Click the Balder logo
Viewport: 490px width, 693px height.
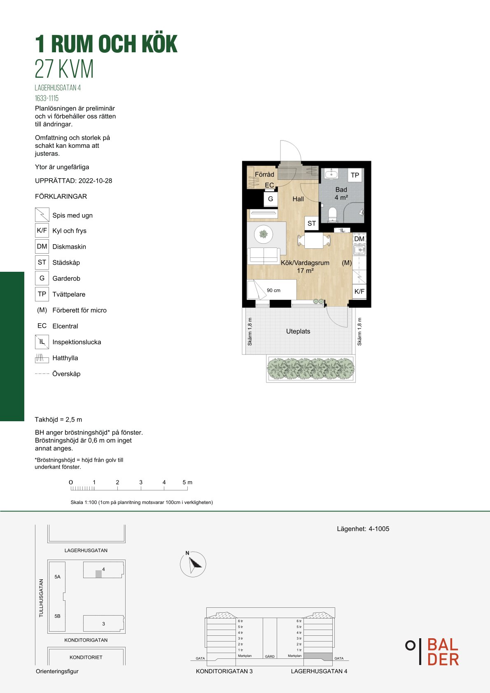(x=432, y=652)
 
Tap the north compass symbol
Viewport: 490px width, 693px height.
(x=193, y=564)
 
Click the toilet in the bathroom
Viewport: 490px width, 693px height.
(x=332, y=215)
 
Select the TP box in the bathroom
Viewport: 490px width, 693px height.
(x=355, y=175)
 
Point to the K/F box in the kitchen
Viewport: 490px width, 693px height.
(x=359, y=292)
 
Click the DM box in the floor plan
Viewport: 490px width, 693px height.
(x=359, y=239)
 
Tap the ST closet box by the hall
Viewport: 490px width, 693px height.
(x=312, y=223)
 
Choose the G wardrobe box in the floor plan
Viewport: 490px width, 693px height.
(x=271, y=199)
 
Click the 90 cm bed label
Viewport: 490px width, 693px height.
(x=273, y=290)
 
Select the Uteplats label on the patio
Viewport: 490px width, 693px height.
(x=298, y=331)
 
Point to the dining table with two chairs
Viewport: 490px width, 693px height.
(x=314, y=241)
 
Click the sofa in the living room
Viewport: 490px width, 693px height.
(x=264, y=255)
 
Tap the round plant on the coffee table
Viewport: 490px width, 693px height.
(x=264, y=234)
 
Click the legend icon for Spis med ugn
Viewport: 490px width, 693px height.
(x=42, y=215)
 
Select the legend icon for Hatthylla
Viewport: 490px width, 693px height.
(x=42, y=358)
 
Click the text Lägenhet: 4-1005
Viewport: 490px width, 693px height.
(x=363, y=529)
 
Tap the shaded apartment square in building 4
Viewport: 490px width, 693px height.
(x=98, y=574)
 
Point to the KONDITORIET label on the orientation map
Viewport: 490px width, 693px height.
(x=86, y=657)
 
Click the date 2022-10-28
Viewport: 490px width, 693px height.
(x=95, y=181)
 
